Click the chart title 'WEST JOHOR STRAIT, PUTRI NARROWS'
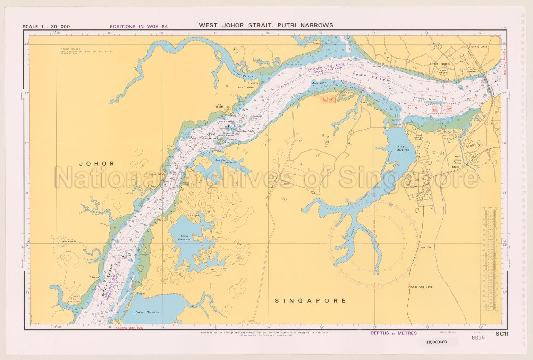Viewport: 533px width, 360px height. tap(266, 25)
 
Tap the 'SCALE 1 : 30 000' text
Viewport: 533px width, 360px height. tap(46, 27)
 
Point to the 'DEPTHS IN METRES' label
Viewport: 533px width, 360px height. tap(394, 333)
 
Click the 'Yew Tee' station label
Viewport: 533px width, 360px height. tap(425, 247)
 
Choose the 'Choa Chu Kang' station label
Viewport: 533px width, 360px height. tap(421, 287)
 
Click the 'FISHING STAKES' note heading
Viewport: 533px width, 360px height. tap(70, 49)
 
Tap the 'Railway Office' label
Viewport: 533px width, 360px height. tap(479, 46)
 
